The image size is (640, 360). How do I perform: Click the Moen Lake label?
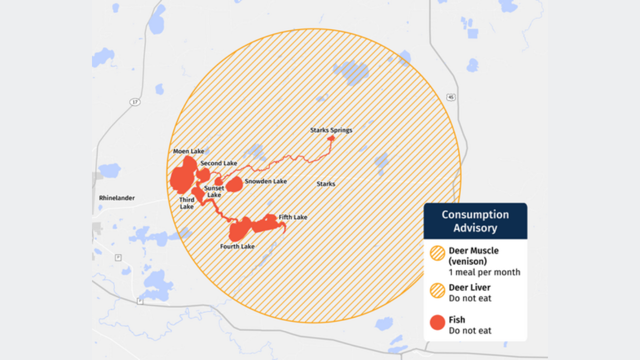pos(188,151)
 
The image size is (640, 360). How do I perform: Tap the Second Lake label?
pos(218,163)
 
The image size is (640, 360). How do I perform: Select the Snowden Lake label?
pos(265,181)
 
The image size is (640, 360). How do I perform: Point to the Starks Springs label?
pos(331,130)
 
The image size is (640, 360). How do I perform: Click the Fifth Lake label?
pos(293,217)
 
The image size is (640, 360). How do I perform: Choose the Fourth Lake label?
pos(237,246)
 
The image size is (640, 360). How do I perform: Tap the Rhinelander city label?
pos(117,198)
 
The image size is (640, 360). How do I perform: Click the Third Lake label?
pos(186,203)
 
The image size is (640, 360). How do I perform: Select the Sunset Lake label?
pos(214,191)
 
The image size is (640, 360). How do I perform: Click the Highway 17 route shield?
pos(135,102)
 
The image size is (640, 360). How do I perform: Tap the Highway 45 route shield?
pos(451,97)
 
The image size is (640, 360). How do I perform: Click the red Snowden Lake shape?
pos(234,184)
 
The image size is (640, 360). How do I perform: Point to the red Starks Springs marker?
pos(330,138)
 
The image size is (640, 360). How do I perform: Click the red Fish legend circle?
pos(437,322)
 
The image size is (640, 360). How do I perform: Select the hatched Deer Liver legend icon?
pos(437,290)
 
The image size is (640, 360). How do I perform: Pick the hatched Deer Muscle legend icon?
pos(437,253)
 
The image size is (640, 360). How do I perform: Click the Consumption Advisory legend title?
pos(475,221)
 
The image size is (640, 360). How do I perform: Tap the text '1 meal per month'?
pos(484,272)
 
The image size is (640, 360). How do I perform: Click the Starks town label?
pos(325,184)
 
